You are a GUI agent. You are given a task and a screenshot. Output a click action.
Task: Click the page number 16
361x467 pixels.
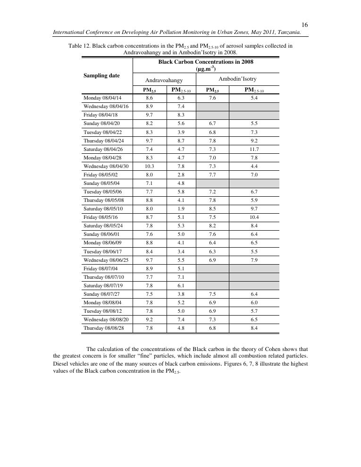[305, 24]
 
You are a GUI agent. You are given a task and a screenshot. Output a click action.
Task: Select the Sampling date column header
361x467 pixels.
[101, 75]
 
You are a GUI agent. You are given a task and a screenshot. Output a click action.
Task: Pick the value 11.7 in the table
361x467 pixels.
[254, 149]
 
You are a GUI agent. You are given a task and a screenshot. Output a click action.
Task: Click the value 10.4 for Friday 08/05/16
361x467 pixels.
[254, 217]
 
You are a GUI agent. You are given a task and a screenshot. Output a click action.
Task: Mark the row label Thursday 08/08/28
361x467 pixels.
[105, 327]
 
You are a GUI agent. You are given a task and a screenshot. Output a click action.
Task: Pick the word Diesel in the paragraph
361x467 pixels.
[60, 364]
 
